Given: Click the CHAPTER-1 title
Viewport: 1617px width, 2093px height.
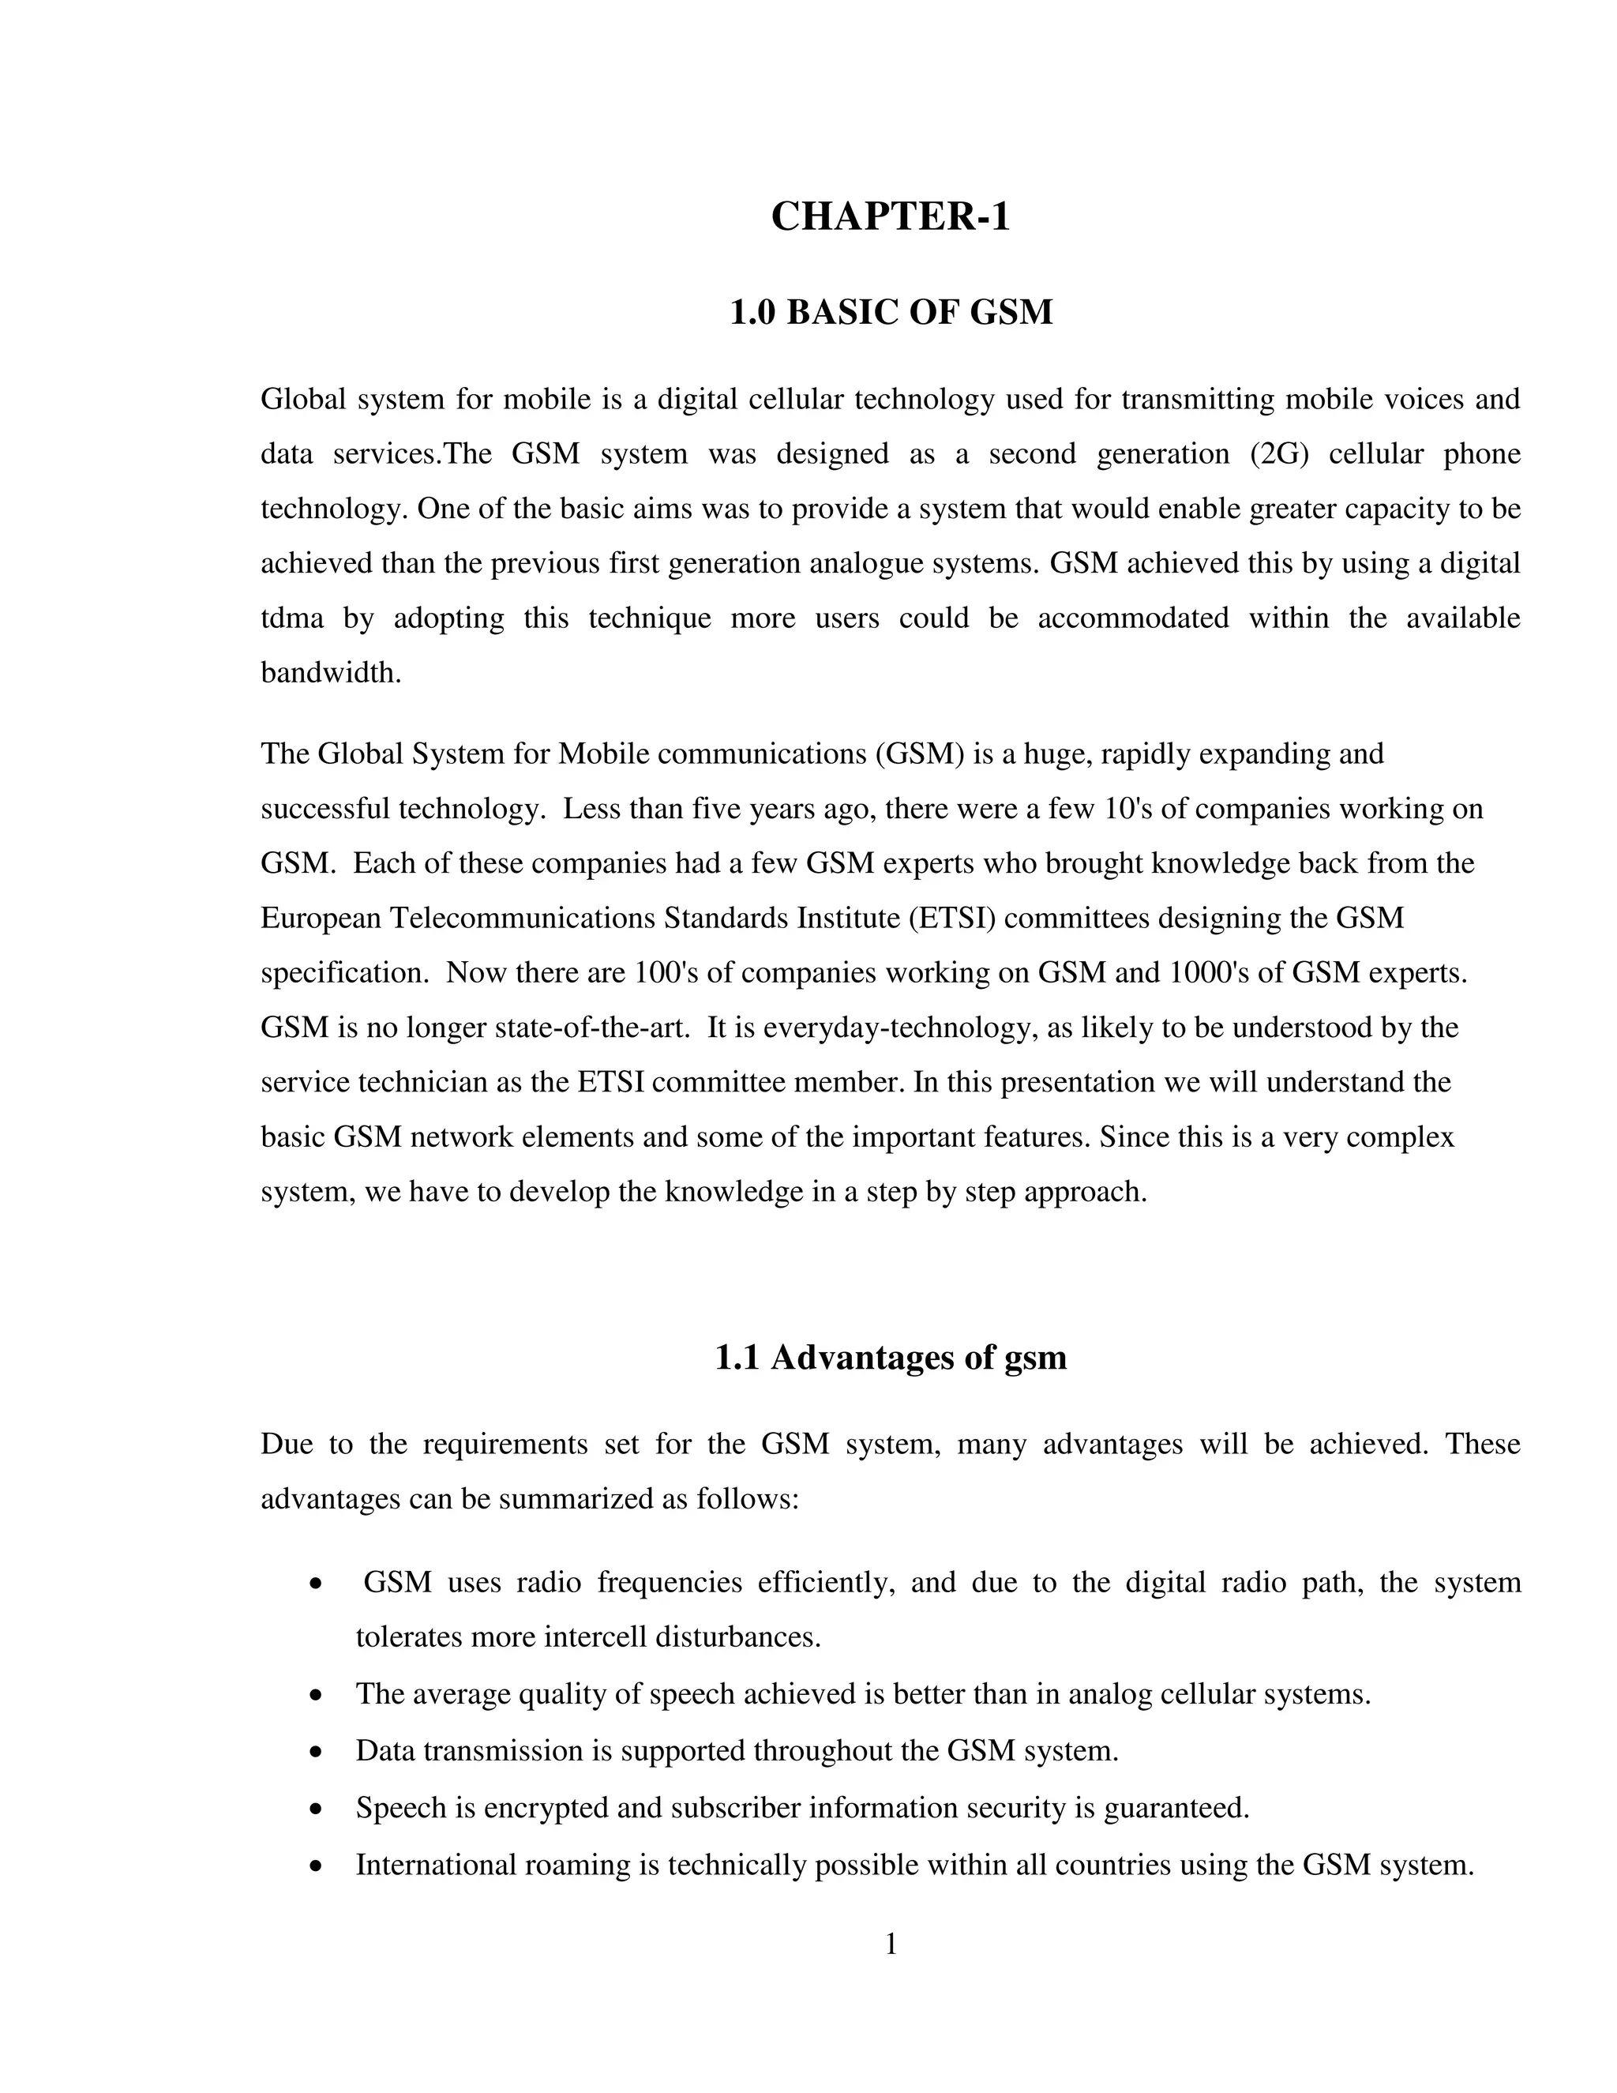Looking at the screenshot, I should pyautogui.click(x=890, y=216).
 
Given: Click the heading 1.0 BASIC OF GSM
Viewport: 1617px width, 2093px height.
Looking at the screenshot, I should pyautogui.click(x=890, y=313).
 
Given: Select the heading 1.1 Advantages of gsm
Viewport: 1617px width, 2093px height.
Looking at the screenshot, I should pyautogui.click(x=890, y=1357).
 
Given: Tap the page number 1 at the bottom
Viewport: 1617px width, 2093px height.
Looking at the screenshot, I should pyautogui.click(x=890, y=1945).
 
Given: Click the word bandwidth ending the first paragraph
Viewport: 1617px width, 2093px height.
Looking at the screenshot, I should pyautogui.click(x=329, y=673).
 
